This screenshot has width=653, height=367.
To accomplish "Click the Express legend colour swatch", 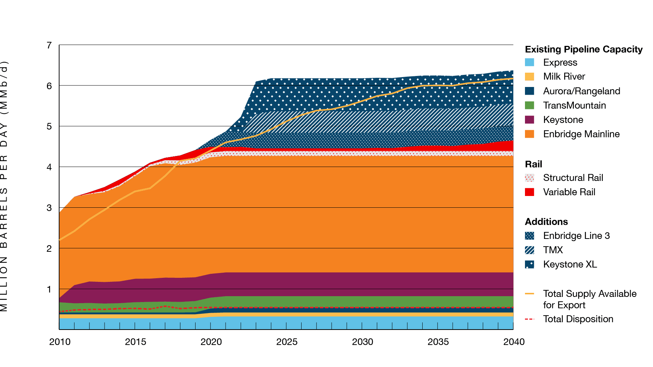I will [529, 62].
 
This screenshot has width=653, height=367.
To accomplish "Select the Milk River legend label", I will [564, 76].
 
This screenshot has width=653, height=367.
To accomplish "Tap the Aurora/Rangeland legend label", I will [581, 91].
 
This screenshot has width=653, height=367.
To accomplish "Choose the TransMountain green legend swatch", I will [529, 105].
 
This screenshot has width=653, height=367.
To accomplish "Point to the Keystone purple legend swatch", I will [529, 120].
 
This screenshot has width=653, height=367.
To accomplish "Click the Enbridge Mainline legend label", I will [581, 134].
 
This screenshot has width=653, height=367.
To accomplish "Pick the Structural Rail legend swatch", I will [529, 178].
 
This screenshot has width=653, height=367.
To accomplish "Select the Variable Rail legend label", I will [569, 192].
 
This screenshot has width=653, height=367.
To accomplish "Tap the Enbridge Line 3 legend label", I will [576, 236].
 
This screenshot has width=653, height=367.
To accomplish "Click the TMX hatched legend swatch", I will [529, 250].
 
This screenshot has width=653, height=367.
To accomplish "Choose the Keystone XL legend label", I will [570, 264].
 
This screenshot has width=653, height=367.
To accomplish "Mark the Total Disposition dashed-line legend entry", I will [529, 319].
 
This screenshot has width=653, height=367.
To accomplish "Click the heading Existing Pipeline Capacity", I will [583, 49].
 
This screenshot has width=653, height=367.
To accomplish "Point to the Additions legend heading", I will [546, 222].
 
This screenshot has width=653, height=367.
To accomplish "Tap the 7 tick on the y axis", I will [49, 45].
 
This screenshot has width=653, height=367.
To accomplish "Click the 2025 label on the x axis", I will [287, 342].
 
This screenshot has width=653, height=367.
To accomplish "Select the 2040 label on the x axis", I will [514, 342].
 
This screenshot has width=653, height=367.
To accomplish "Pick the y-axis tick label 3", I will [49, 208].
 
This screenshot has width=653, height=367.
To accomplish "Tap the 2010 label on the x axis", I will [60, 342].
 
